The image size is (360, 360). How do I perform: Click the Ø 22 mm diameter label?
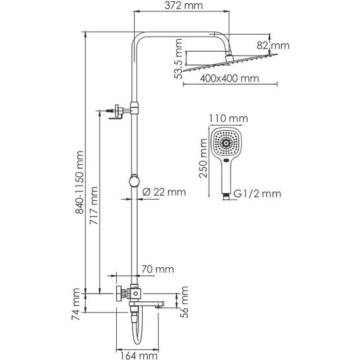[x=165, y=191]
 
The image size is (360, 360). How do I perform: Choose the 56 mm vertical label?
[x=185, y=301]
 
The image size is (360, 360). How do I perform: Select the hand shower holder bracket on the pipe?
[x=118, y=111]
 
